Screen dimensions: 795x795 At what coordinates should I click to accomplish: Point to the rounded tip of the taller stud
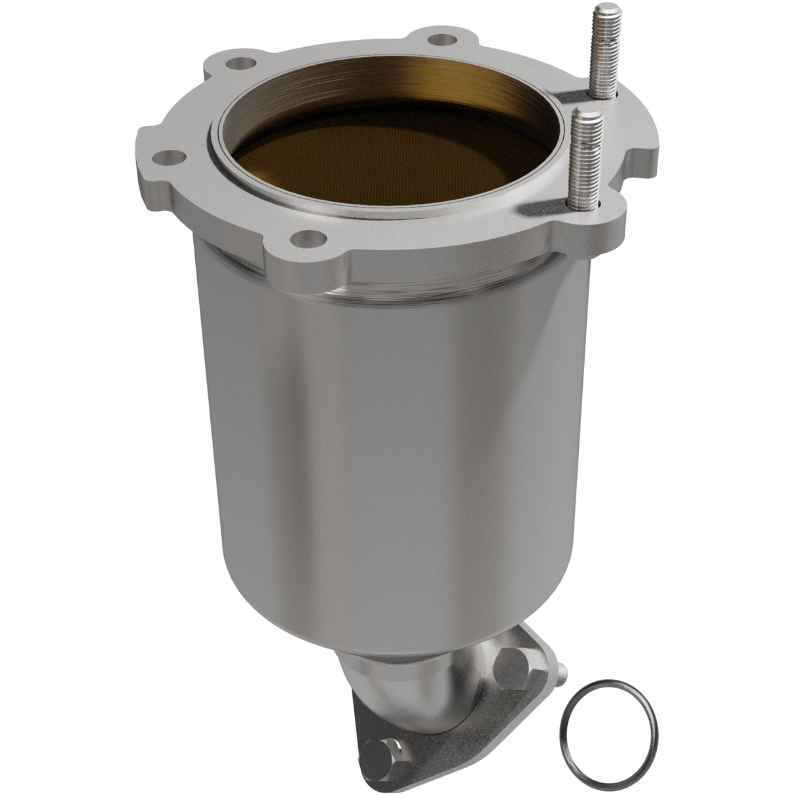click(602, 10)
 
